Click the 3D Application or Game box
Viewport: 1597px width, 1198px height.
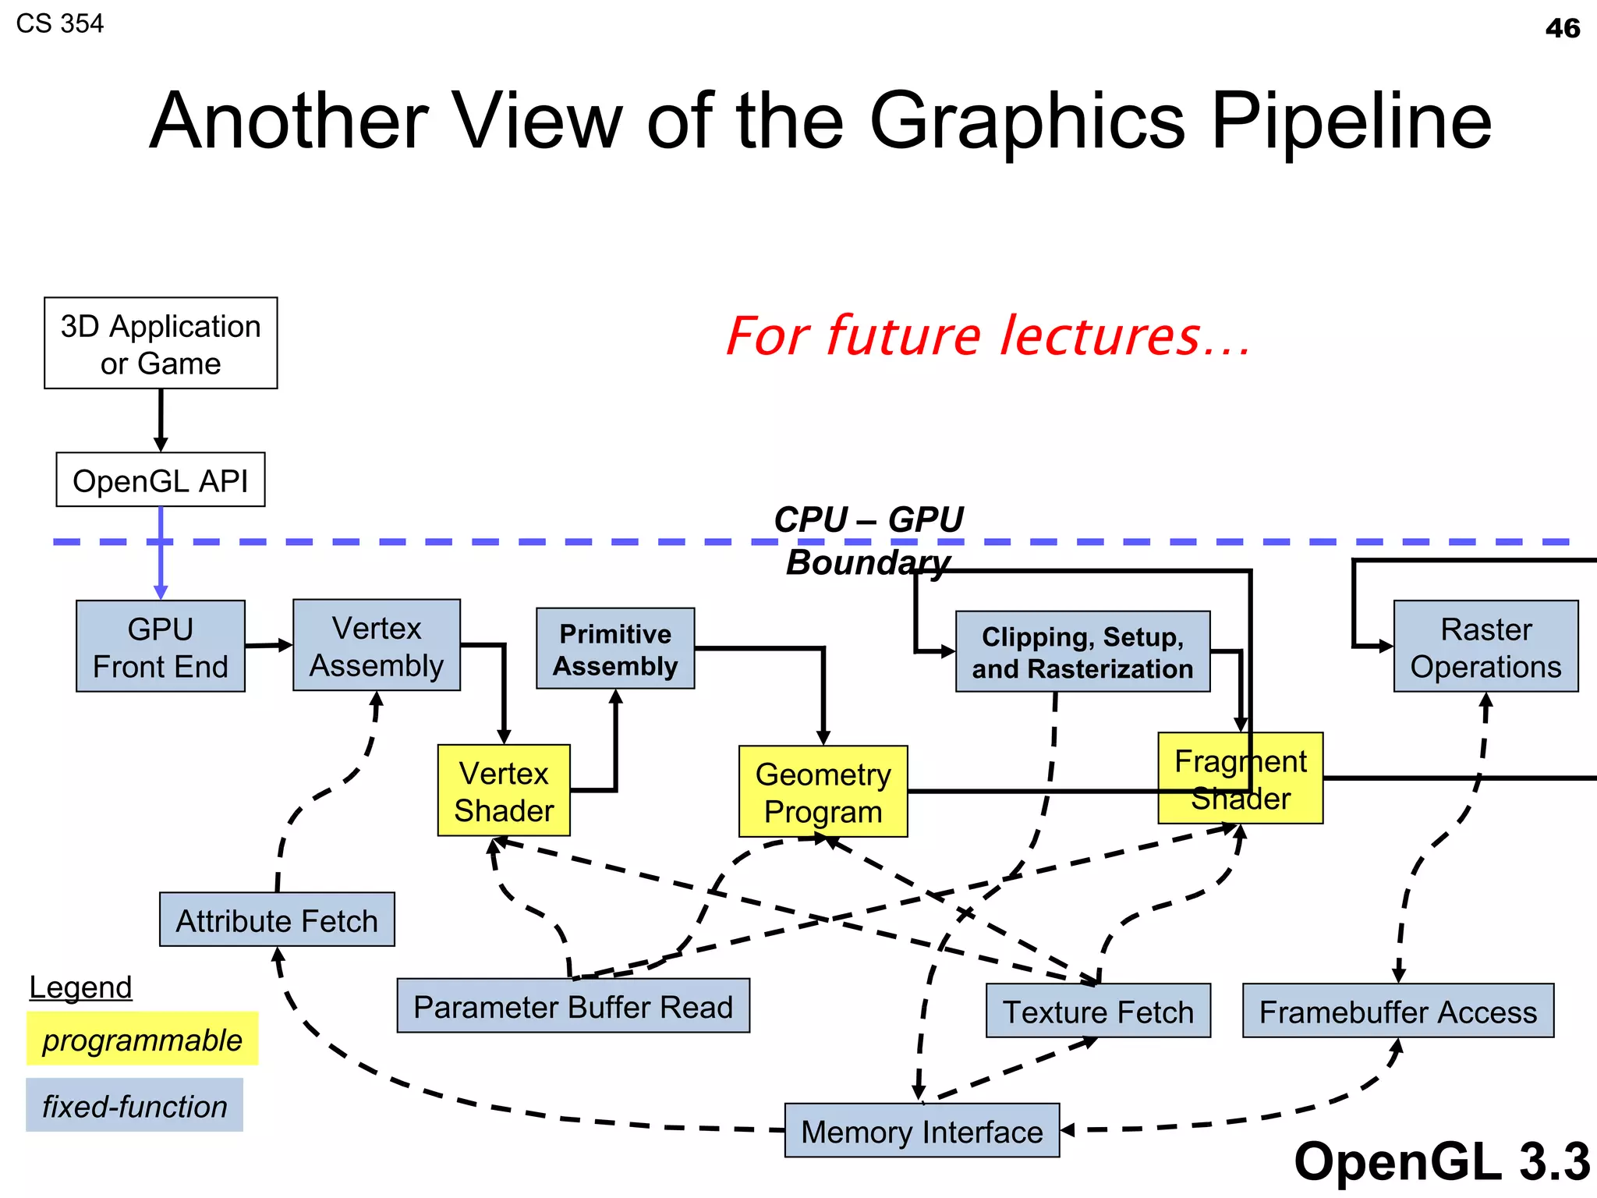click(161, 343)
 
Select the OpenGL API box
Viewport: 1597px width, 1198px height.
click(161, 480)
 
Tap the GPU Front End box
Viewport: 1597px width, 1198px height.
click(161, 647)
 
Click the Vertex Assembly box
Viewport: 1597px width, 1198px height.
click(377, 646)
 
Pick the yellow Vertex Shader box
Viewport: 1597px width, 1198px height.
click(504, 791)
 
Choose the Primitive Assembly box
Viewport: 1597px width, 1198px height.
click(615, 649)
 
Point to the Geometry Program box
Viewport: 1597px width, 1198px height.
click(823, 792)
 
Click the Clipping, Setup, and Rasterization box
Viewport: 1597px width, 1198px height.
click(1082, 652)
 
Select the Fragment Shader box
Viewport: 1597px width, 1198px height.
click(1240, 778)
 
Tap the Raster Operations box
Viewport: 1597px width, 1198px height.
click(1485, 647)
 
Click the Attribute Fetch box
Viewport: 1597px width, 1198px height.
click(277, 920)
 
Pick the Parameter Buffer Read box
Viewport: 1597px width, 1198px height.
click(573, 1006)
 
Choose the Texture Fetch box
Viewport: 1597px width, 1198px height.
click(1098, 1011)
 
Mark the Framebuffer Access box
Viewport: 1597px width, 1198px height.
click(1398, 1011)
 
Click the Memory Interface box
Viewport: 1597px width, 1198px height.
click(922, 1130)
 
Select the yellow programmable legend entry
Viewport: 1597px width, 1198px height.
click(142, 1039)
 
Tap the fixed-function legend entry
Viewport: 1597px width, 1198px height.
click(134, 1105)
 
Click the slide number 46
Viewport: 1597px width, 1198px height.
click(1562, 29)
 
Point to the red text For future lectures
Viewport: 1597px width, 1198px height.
click(988, 336)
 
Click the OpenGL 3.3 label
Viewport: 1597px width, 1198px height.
click(1441, 1161)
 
